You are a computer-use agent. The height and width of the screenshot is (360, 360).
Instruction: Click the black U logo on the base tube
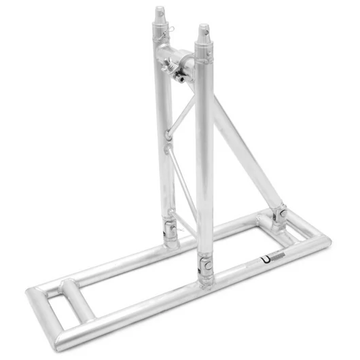pyautogui.click(x=262, y=260)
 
